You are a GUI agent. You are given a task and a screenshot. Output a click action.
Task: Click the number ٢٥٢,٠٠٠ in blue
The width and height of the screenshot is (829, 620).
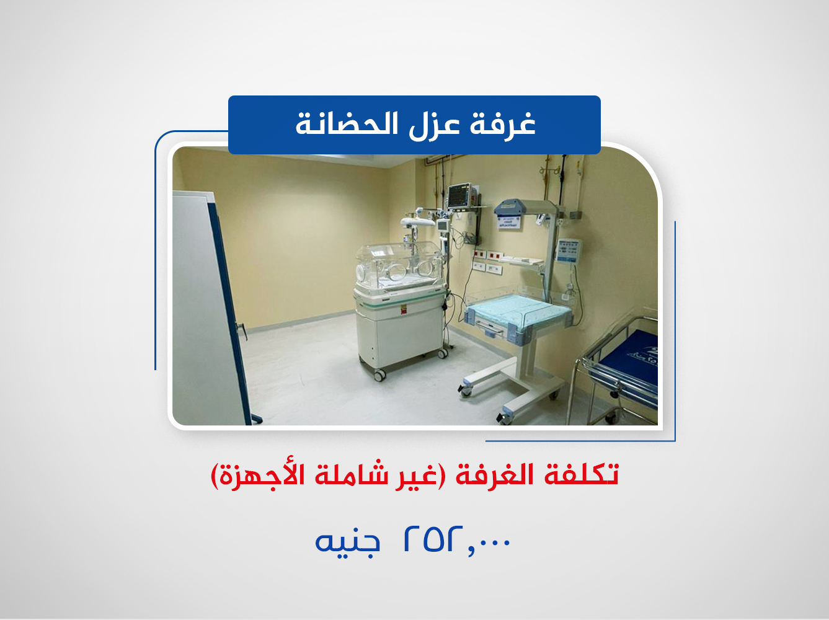click(457, 540)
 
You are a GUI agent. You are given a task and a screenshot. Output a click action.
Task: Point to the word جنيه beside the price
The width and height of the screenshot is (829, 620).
click(347, 541)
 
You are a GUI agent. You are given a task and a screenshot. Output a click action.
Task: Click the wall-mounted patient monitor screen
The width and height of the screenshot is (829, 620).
click(459, 196)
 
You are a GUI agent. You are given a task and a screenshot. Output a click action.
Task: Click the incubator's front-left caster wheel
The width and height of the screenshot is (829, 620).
click(379, 374)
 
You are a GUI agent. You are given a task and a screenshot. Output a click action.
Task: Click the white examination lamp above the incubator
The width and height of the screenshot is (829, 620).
click(415, 221)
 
